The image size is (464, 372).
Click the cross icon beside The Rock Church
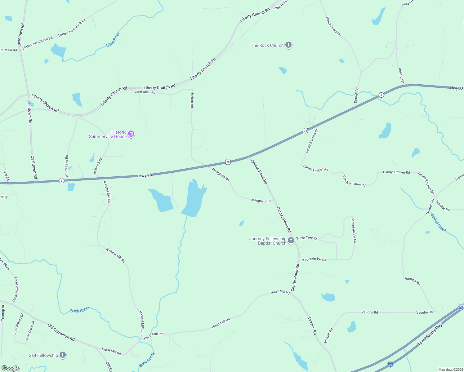click(288, 45)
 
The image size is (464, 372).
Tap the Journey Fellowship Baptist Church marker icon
click(291, 241)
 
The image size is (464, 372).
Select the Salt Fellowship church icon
click(63, 355)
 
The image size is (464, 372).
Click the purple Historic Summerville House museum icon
click(131, 134)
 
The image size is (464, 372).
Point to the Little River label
click(113, 40)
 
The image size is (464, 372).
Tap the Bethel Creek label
click(439, 223)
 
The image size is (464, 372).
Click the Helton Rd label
click(192, 100)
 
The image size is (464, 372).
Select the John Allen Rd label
click(145, 92)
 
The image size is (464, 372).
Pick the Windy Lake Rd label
click(67, 166)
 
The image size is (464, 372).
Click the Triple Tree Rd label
click(307, 238)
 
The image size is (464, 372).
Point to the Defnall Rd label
click(356, 95)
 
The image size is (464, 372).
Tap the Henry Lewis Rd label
click(333, 27)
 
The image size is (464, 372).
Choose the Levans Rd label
click(312, 325)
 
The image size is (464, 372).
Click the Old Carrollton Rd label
click(61, 332)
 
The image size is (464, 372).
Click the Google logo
click(11, 368)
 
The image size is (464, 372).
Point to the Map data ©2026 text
click(450, 370)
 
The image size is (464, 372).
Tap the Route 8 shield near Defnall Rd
click(381, 95)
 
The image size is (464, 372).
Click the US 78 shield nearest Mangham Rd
click(228, 162)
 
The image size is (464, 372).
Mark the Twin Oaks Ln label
click(30, 330)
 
